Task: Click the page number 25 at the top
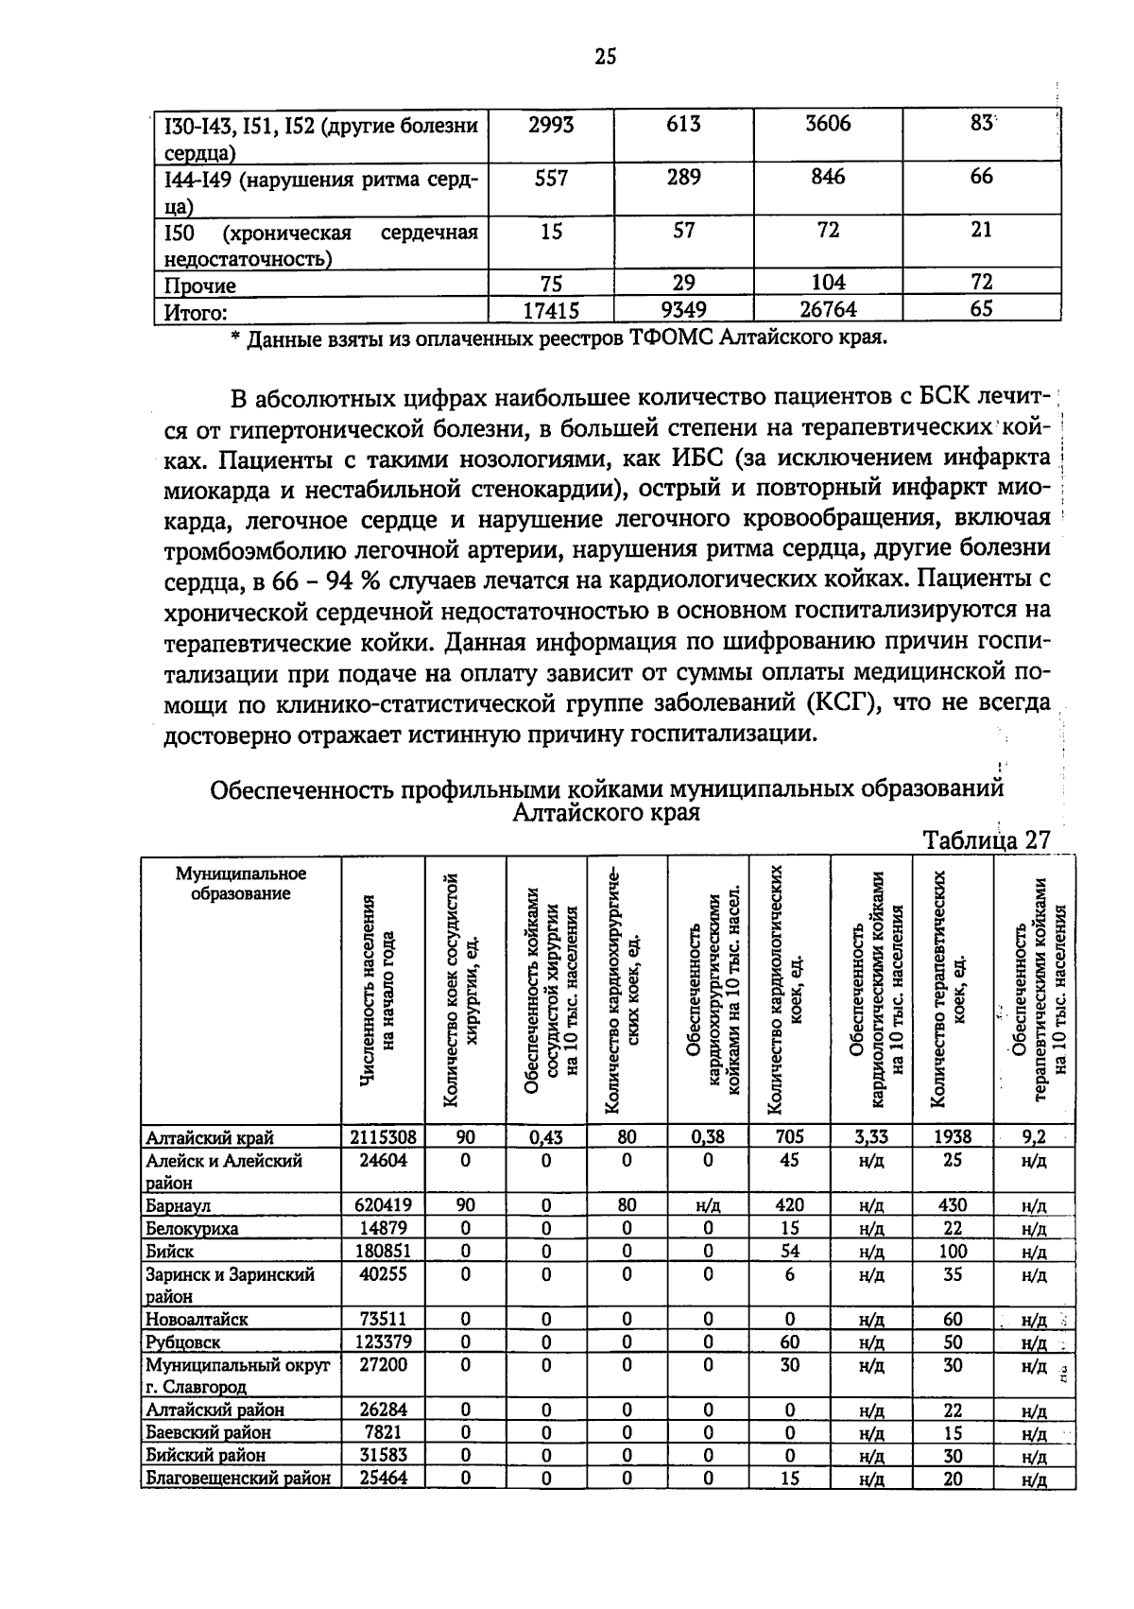pos(605,58)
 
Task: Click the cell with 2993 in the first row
pos(551,125)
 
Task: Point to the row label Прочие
pos(200,285)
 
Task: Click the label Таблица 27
pos(986,840)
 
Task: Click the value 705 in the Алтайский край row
pos(789,1137)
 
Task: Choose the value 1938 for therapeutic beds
pos(953,1137)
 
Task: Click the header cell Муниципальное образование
pos(242,883)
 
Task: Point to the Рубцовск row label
pos(182,1342)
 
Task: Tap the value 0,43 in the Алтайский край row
pos(546,1138)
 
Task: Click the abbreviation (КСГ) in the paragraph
pos(843,703)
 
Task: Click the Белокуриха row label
pos(192,1229)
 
